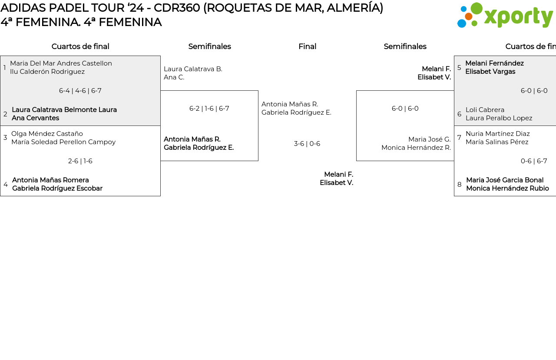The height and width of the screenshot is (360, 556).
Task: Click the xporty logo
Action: click(505, 16)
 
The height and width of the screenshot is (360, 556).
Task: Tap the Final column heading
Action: click(307, 46)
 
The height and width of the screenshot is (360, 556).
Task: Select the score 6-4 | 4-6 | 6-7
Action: click(80, 91)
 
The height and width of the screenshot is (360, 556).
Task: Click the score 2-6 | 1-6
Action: click(80, 161)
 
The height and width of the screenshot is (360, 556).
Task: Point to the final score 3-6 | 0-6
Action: click(307, 144)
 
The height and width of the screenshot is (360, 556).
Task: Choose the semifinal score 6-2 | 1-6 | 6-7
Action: click(209, 109)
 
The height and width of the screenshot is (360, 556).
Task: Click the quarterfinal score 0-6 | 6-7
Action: click(534, 161)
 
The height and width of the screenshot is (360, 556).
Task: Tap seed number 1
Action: click(5, 68)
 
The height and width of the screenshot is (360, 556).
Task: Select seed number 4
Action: click(6, 185)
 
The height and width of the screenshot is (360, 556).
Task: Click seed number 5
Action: click(459, 68)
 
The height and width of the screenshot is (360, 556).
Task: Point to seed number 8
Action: click(460, 185)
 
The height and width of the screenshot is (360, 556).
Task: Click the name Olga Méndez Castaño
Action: click(47, 134)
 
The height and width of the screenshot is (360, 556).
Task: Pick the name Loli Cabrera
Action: click(485, 110)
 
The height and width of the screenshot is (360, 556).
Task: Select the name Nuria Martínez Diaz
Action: click(497, 134)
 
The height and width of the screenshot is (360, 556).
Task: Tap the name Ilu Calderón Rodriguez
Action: click(47, 72)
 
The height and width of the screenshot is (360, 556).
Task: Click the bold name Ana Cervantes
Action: click(35, 118)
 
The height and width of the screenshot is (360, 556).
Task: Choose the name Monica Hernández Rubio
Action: click(507, 188)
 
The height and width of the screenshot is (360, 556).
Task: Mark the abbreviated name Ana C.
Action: click(174, 77)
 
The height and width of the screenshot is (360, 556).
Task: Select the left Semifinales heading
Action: click(209, 46)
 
